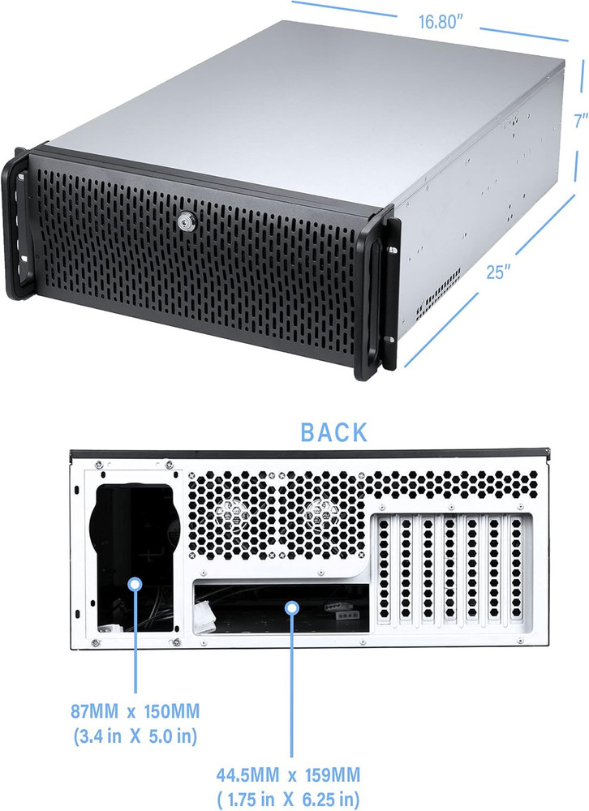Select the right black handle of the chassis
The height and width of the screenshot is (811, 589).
(x=378, y=295)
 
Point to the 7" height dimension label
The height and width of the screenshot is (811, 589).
(x=579, y=121)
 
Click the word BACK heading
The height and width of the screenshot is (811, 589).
(x=333, y=432)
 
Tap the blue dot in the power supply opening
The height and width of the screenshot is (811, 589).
(x=135, y=582)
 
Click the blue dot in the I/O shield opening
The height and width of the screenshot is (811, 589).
(x=290, y=606)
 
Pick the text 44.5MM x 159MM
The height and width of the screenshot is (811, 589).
(x=289, y=774)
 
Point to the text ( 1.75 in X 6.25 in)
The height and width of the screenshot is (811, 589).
(x=289, y=798)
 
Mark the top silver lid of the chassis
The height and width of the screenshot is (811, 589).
(x=308, y=97)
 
